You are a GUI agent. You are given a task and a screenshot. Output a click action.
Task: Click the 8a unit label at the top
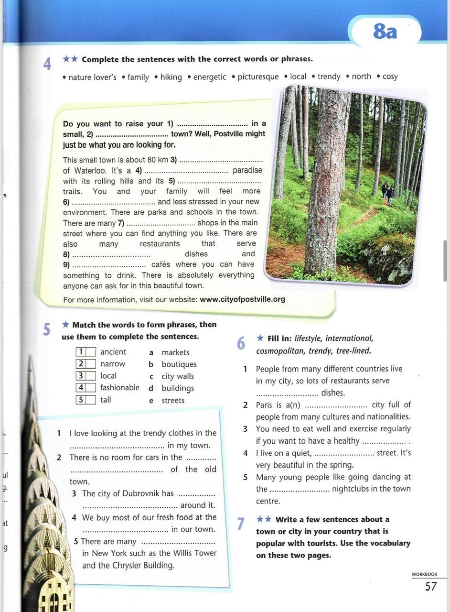pyautogui.click(x=385, y=32)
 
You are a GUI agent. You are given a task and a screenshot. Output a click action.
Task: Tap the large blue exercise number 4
pyautogui.click(x=47, y=64)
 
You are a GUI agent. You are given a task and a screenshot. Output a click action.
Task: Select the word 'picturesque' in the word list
pyautogui.click(x=258, y=76)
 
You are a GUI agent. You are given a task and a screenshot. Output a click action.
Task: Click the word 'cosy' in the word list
pyautogui.click(x=390, y=76)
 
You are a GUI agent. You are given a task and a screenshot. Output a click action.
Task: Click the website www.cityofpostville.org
pyautogui.click(x=242, y=299)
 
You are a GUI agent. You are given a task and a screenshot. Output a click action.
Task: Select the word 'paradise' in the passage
pyautogui.click(x=247, y=171)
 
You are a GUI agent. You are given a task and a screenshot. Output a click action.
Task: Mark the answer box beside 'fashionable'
pyautogui.click(x=91, y=388)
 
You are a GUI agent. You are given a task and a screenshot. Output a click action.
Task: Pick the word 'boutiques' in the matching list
pyautogui.click(x=179, y=364)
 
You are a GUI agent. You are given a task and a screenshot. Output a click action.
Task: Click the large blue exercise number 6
pyautogui.click(x=241, y=343)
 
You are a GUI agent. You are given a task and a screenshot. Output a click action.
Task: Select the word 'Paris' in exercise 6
pyautogui.click(x=264, y=405)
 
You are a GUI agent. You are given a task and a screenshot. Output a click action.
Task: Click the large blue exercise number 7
pyautogui.click(x=241, y=524)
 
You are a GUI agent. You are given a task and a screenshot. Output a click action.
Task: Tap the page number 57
pyautogui.click(x=431, y=587)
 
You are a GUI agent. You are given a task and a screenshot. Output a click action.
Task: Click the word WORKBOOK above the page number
pyautogui.click(x=424, y=574)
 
